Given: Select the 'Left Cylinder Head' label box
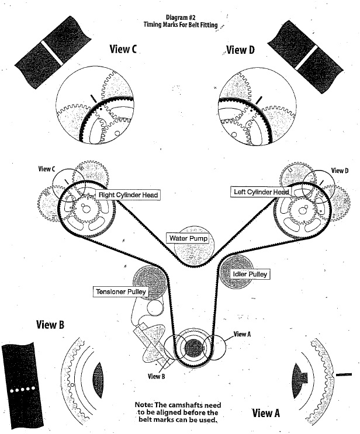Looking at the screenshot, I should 260,192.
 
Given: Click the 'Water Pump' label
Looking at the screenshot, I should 185,238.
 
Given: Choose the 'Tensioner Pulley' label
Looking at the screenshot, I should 121,291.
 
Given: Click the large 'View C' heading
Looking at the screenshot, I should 123,50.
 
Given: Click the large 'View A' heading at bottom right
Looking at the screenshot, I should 269,413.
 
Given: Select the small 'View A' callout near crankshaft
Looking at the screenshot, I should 242,334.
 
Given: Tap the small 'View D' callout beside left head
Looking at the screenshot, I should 340,171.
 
